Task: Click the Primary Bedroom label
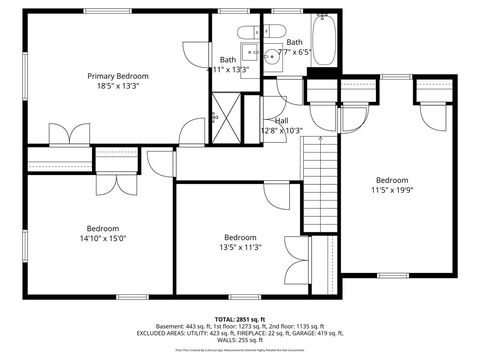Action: [x=117, y=76]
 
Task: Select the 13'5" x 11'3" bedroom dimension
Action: [x=240, y=248]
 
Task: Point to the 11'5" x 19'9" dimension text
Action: [x=392, y=189]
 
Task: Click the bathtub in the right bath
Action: [x=323, y=40]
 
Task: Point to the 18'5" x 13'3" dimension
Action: [x=117, y=87]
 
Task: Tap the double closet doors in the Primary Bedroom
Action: [x=62, y=133]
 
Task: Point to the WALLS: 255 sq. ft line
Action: [x=239, y=340]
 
